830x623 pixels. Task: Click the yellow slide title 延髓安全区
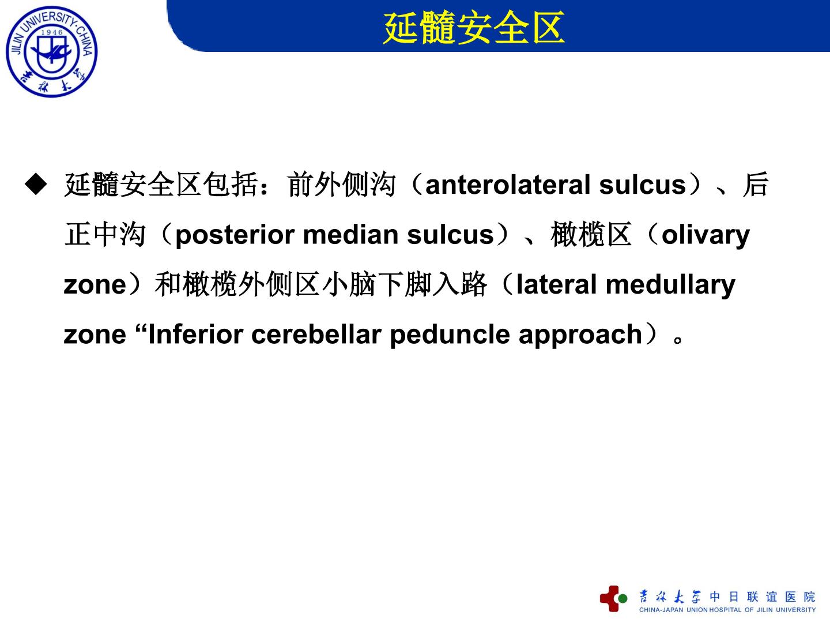tap(474, 28)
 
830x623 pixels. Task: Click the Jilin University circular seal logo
tap(52, 51)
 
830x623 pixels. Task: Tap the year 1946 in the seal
tap(52, 32)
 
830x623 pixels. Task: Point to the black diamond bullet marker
tap(36, 184)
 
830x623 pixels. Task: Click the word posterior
tap(235, 236)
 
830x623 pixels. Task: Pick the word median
tap(351, 235)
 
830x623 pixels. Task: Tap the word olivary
tap(705, 236)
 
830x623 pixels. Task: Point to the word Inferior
tap(196, 335)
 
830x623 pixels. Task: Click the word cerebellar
tap(316, 335)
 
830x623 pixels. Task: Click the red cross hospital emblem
tap(609, 599)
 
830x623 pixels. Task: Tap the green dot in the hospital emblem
tap(622, 598)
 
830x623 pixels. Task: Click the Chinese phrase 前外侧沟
tap(341, 185)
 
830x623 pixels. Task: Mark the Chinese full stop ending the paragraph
tap(678, 339)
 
